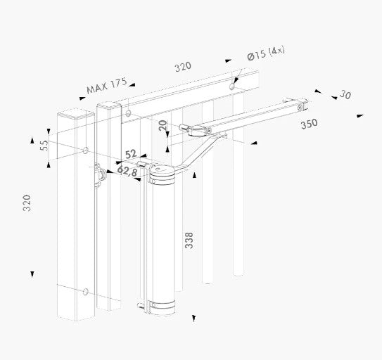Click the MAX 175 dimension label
[x=106, y=86]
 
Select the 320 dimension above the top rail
[x=182, y=67]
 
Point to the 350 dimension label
[x=308, y=123]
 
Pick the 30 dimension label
[x=344, y=95]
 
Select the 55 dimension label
[x=43, y=146]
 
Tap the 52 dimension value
[x=132, y=154]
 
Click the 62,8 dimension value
[x=127, y=170]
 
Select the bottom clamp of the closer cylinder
[x=162, y=304]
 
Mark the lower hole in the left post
[x=85, y=291]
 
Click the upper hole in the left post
[x=85, y=150]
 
